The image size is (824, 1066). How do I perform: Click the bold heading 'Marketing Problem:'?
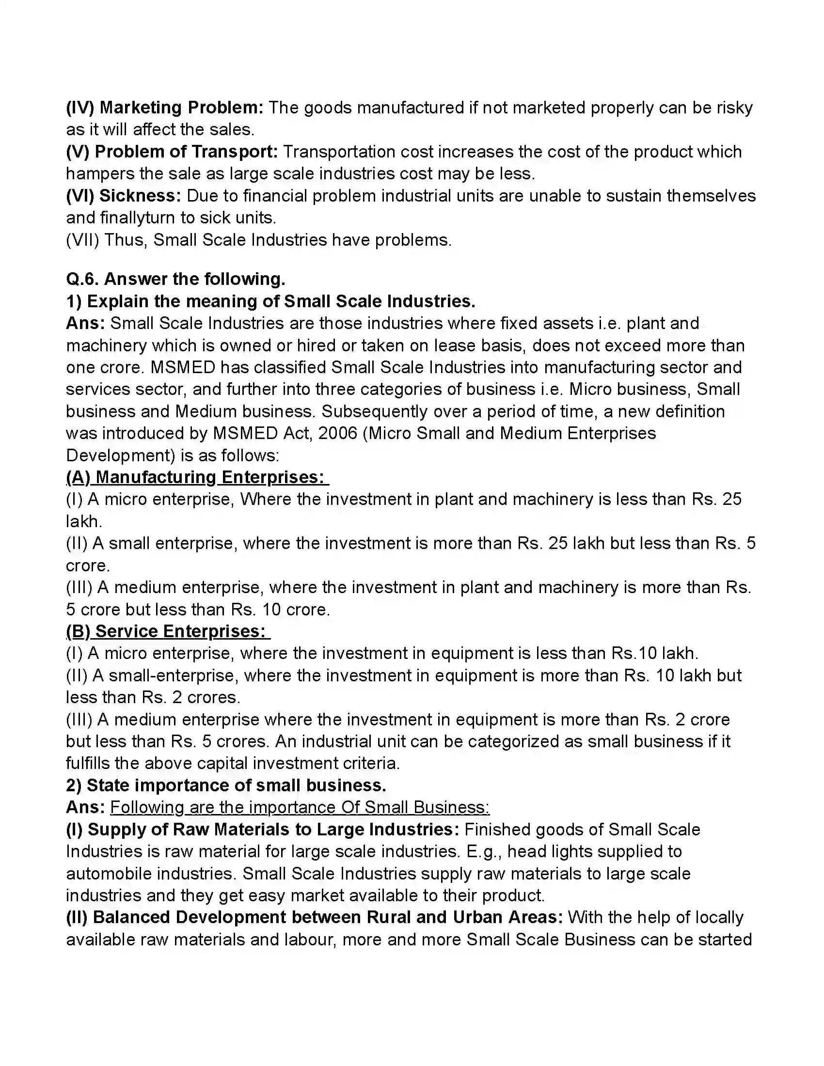coord(181,108)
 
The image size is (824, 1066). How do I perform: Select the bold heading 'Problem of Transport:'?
coord(186,152)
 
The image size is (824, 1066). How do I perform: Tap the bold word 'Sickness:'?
coord(140,196)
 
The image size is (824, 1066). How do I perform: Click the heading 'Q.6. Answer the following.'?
coord(176,279)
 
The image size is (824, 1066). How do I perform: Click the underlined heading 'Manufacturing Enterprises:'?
coord(209,477)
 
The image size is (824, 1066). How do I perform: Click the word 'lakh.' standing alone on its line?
coord(84,521)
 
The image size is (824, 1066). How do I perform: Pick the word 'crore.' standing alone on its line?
coord(88,565)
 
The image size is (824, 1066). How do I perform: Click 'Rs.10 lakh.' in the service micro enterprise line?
coord(655,653)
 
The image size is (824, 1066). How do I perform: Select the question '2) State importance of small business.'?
coord(226,785)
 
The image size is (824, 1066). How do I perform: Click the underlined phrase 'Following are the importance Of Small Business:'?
coord(300,807)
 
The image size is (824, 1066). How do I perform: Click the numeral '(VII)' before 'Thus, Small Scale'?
coord(82,240)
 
